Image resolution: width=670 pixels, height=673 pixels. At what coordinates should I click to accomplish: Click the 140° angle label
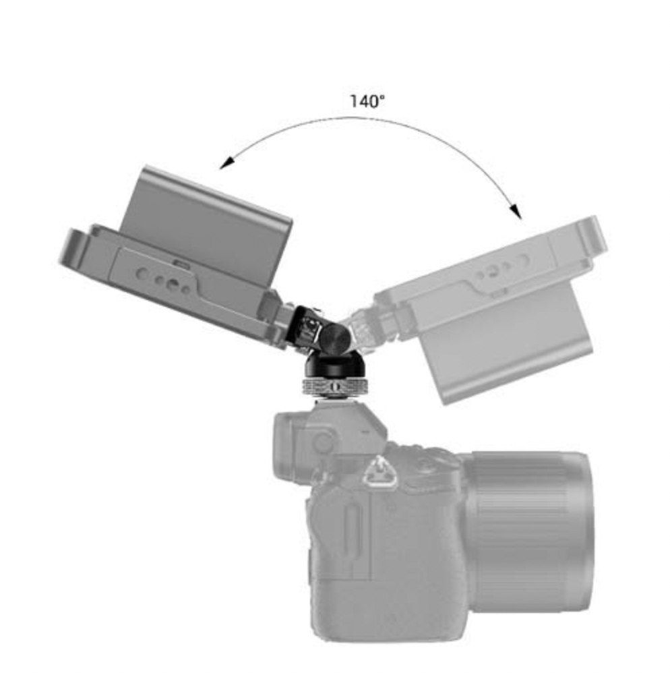367,102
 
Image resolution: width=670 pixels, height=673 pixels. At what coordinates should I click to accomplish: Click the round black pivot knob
335,335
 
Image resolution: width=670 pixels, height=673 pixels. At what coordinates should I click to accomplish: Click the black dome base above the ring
335,365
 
